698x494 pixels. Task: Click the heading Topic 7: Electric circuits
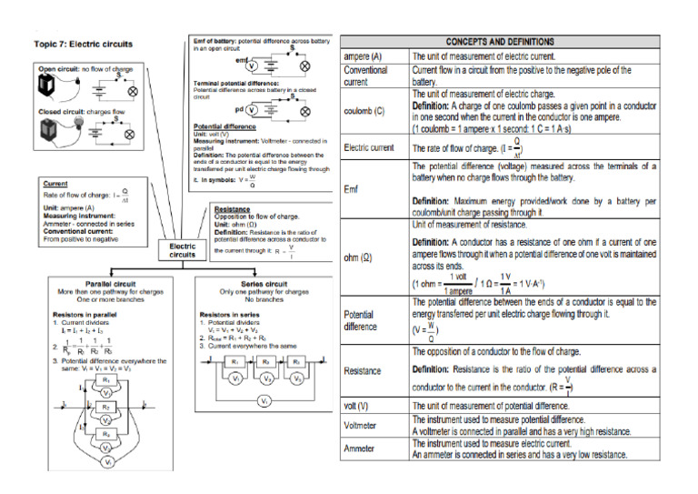click(83, 43)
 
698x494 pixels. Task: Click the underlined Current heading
click(57, 184)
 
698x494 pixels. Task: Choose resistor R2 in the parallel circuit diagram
click(105, 407)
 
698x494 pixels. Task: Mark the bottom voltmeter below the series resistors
click(264, 400)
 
